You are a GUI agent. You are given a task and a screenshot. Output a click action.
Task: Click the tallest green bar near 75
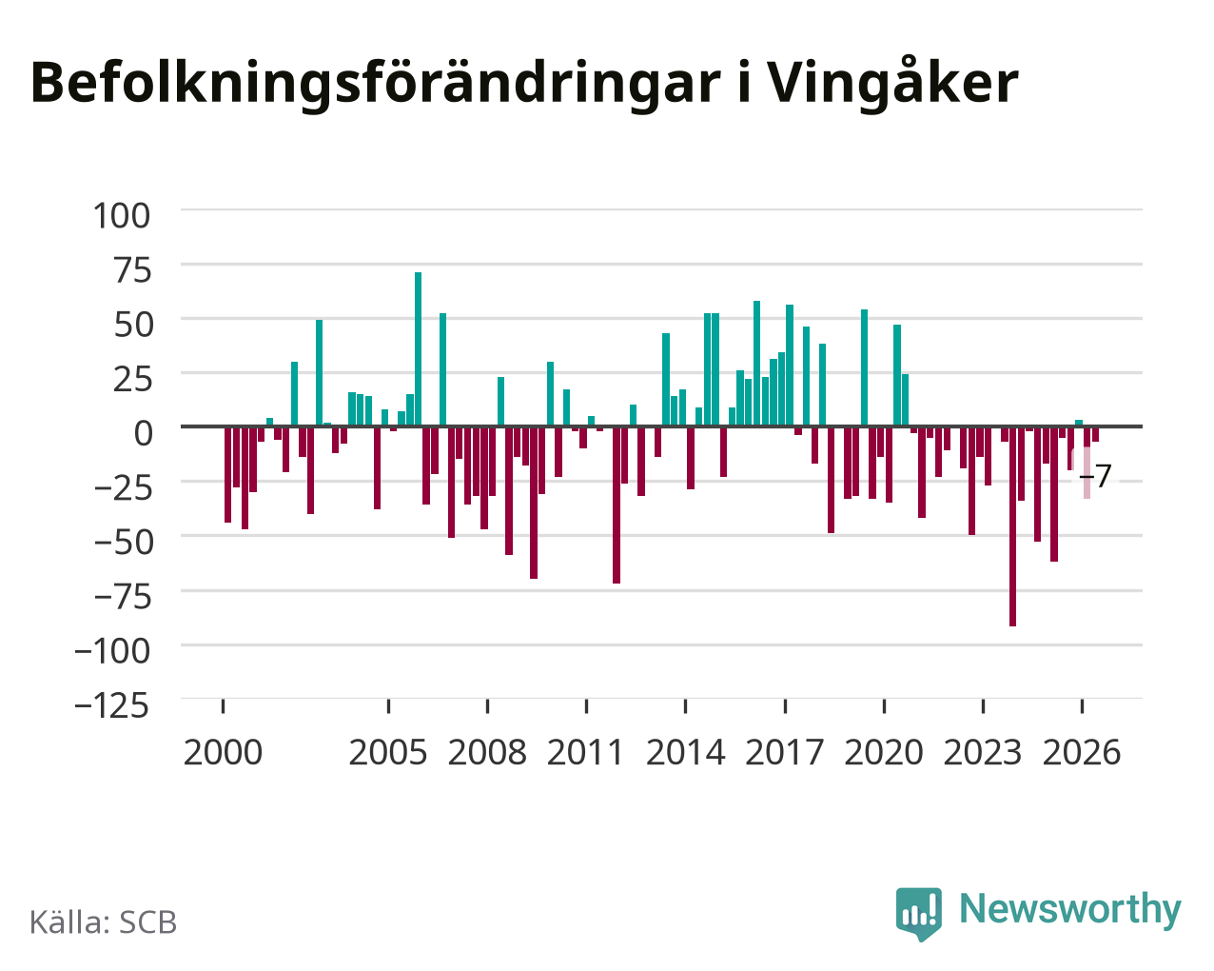418,348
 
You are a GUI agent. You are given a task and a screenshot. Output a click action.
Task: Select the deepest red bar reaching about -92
1012,526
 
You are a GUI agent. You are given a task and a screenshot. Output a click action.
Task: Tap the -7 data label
1095,475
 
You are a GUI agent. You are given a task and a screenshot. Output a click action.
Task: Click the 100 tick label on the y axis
122,216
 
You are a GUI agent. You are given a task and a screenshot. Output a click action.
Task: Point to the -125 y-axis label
112,705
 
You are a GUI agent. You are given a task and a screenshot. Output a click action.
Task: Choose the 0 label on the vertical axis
144,433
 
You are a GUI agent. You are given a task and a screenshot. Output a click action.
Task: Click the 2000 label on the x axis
223,752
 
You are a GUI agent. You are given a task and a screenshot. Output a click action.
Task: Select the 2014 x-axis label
685,752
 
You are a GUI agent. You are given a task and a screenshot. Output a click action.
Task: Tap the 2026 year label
1082,752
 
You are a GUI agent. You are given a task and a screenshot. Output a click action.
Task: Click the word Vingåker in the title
893,84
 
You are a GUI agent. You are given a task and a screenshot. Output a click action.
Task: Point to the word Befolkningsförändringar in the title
375,84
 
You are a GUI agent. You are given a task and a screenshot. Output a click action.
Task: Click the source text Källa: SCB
104,922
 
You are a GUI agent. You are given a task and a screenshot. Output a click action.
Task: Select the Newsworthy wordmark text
1070,909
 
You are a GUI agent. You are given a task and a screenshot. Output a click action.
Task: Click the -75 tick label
123,597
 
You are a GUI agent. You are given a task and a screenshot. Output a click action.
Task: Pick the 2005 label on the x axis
388,752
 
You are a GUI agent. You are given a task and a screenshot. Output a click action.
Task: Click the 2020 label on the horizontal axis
884,752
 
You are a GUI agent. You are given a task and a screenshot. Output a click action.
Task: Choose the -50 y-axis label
123,543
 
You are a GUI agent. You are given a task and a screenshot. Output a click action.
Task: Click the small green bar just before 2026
1079,423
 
